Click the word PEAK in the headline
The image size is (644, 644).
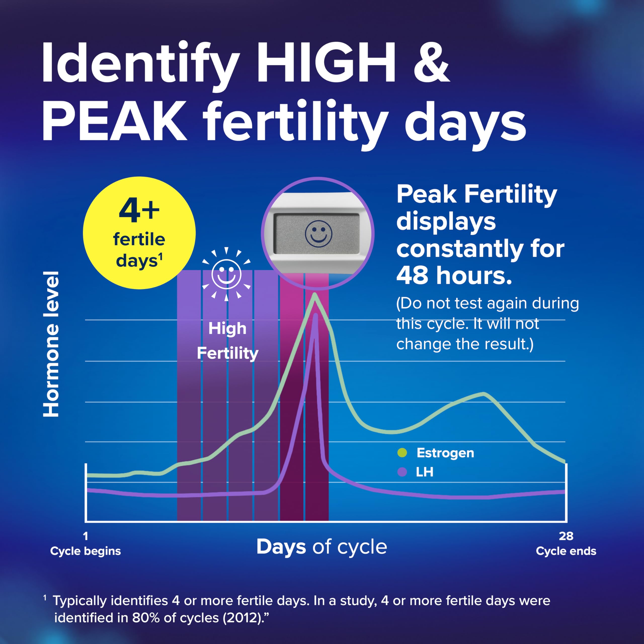114,122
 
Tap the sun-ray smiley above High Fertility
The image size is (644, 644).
226,274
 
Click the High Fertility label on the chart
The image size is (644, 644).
228,341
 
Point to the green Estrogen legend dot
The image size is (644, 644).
402,453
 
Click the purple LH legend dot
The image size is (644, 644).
402,472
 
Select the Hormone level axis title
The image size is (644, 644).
51,344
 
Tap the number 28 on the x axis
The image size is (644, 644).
566,536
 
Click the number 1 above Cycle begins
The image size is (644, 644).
86,536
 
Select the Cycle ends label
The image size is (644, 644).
566,551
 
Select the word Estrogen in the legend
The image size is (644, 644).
445,453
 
